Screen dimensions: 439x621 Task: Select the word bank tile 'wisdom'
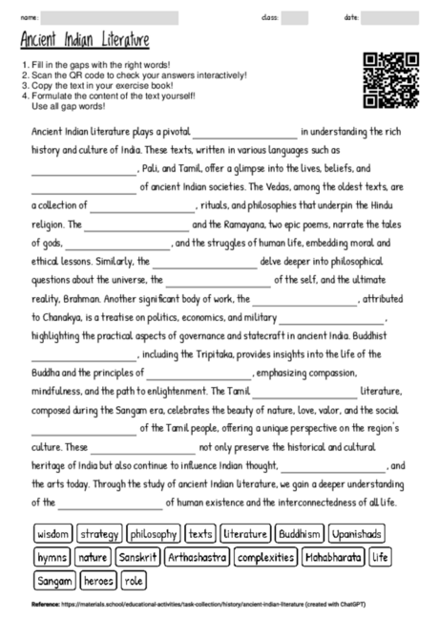(52, 533)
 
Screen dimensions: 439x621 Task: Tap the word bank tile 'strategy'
(99, 533)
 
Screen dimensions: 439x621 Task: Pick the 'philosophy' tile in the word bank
(154, 533)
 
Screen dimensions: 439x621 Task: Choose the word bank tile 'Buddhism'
(300, 533)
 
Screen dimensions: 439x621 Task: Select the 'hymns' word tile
(52, 556)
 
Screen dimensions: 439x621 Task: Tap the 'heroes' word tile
(99, 579)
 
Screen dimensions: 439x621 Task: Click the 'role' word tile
(133, 579)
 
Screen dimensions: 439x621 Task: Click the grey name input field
(111, 17)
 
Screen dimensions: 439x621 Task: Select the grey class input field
(295, 17)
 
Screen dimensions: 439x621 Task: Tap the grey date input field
(389, 17)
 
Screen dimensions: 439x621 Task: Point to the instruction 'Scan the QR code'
(134, 74)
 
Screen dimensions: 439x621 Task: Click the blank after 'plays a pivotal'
(245, 132)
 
